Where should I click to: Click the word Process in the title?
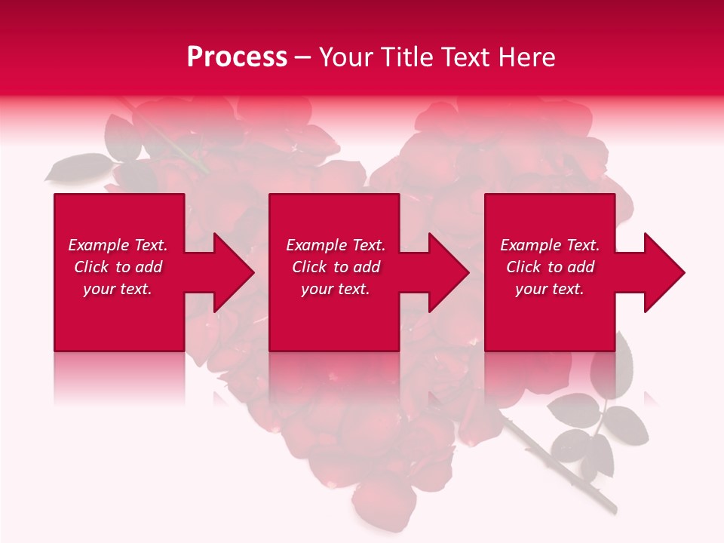(x=237, y=57)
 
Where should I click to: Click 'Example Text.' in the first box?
(x=118, y=245)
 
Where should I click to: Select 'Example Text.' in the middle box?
(x=336, y=245)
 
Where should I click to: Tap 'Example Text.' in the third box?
(x=550, y=245)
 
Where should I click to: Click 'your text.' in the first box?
(x=118, y=289)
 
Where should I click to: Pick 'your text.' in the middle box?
(x=336, y=289)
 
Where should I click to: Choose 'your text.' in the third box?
(x=550, y=289)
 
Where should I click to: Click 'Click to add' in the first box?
(x=118, y=267)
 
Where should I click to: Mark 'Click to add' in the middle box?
(x=336, y=267)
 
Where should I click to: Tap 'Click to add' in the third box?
(x=550, y=267)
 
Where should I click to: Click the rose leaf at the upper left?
(x=75, y=167)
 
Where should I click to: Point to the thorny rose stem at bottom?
(x=558, y=468)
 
